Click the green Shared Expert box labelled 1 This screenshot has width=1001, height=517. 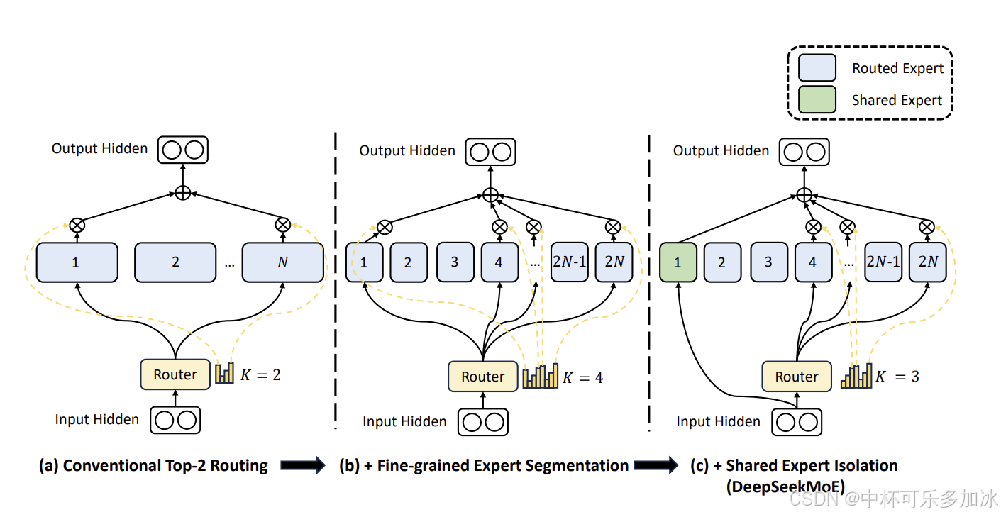(x=678, y=262)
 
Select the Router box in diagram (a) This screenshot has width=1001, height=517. (x=175, y=374)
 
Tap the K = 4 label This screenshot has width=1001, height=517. (x=582, y=377)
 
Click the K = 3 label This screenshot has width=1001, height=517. (x=897, y=377)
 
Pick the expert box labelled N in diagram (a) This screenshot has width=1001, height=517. (x=282, y=262)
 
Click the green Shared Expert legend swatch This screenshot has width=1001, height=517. (x=817, y=99)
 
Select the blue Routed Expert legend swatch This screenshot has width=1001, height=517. (x=817, y=68)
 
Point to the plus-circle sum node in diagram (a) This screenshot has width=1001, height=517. (x=182, y=192)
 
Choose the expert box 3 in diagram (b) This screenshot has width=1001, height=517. (x=455, y=262)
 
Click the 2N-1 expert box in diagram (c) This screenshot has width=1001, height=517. (x=883, y=262)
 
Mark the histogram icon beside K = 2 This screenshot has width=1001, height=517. (x=225, y=373)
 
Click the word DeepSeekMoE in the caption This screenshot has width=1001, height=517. (x=785, y=487)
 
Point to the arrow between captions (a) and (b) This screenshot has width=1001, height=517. (x=302, y=466)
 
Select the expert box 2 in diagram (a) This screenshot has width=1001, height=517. (x=175, y=262)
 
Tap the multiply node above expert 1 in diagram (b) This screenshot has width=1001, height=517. (x=384, y=227)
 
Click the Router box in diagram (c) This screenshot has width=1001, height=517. (x=797, y=377)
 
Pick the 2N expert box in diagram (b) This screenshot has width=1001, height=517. (x=614, y=262)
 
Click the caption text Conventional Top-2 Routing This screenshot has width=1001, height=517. (x=165, y=466)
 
